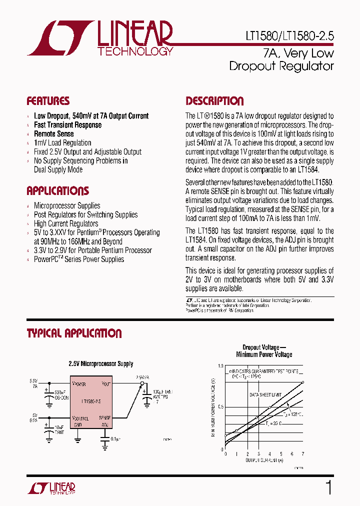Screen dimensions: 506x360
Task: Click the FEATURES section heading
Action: click(x=48, y=101)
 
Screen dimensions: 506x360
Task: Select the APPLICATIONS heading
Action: click(x=57, y=191)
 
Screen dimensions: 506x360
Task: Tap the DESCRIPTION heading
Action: click(x=214, y=101)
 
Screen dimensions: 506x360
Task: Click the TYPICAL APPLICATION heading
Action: click(x=74, y=333)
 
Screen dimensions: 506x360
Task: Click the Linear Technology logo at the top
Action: click(x=99, y=38)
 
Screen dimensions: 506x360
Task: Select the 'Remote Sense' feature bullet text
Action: click(x=53, y=134)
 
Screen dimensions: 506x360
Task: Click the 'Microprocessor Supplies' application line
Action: click(x=67, y=206)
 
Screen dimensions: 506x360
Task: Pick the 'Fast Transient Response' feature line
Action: click(x=67, y=125)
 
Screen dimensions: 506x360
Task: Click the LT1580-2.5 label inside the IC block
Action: click(x=91, y=400)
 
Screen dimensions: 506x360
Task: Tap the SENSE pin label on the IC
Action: click(x=104, y=417)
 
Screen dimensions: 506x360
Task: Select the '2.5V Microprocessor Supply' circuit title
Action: click(x=100, y=364)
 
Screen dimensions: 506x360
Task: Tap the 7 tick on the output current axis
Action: click(x=303, y=454)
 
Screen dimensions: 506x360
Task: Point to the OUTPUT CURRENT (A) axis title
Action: click(x=264, y=459)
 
